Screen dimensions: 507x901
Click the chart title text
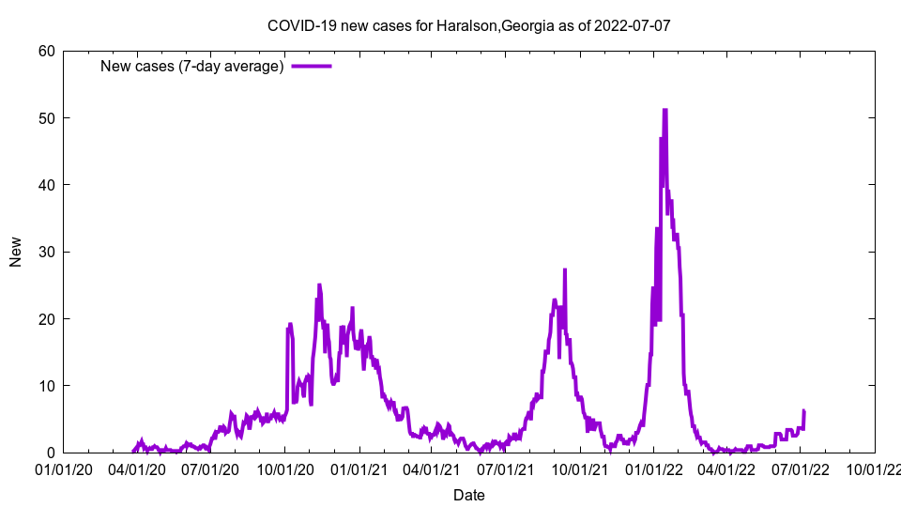point(468,25)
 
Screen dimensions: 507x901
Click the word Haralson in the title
point(466,25)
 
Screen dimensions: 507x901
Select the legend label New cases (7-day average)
point(192,67)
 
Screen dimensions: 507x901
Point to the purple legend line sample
point(312,67)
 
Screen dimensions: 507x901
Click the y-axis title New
point(16,252)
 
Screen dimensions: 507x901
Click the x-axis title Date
point(468,494)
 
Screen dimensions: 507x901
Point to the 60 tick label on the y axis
point(46,51)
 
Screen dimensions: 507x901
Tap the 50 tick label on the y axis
point(46,118)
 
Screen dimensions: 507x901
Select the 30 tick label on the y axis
point(46,252)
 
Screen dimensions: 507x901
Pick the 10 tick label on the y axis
point(46,386)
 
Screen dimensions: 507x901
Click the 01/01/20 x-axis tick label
point(64,469)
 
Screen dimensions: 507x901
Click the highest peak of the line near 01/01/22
point(664,110)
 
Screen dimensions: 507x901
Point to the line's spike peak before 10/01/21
point(565,270)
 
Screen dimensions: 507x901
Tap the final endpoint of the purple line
point(804,411)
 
